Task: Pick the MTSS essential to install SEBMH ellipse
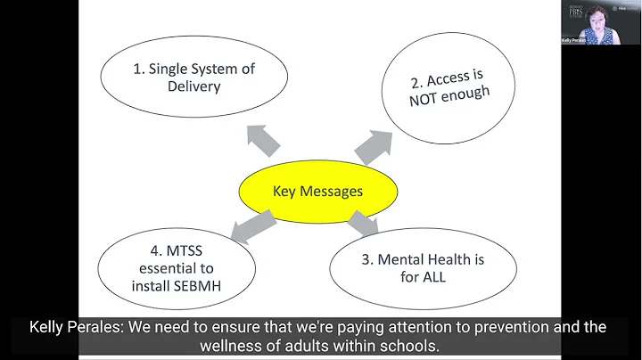tap(175, 266)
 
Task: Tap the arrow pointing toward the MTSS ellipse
tap(253, 226)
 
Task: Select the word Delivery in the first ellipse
tap(193, 86)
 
